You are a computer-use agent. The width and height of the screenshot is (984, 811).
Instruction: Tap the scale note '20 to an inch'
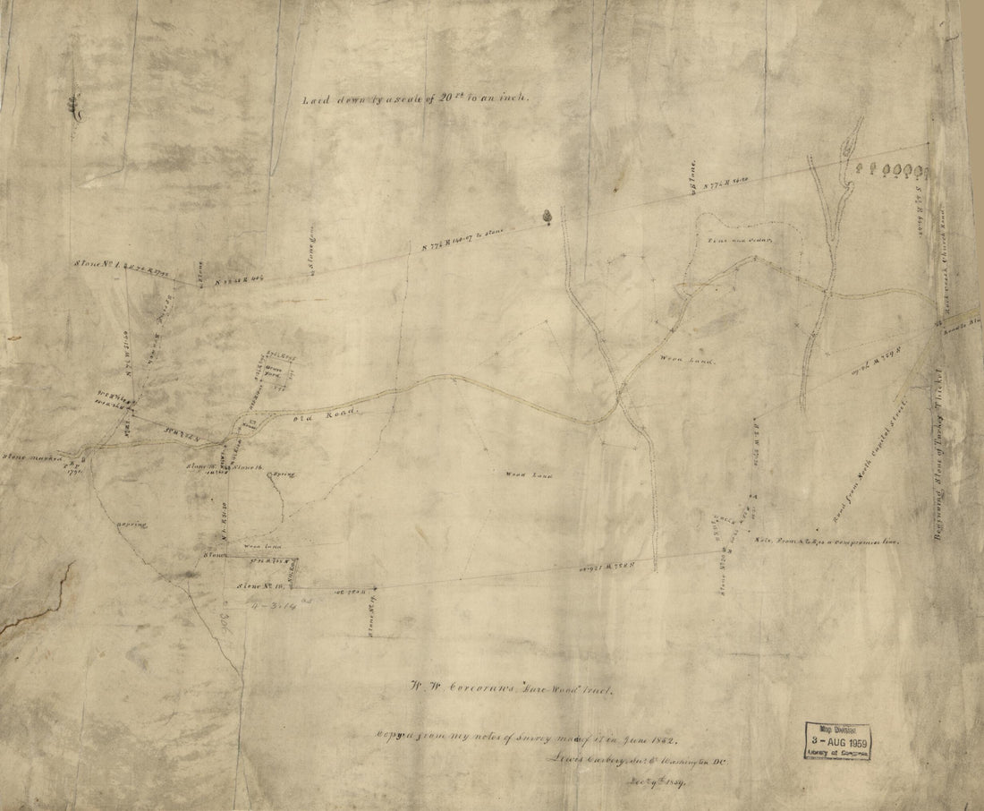[x=416, y=100]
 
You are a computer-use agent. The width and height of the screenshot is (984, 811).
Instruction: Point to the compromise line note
[x=827, y=542]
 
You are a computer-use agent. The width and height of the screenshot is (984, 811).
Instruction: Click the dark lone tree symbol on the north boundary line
[x=546, y=216]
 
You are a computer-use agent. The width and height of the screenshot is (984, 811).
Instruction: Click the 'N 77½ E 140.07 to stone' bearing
[x=461, y=240]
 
